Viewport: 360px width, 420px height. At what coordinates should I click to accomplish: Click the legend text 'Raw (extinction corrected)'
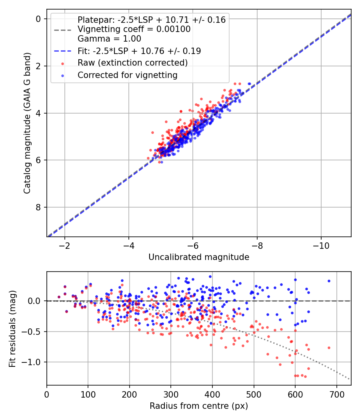point(132,63)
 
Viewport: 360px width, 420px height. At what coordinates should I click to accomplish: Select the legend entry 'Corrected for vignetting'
point(127,75)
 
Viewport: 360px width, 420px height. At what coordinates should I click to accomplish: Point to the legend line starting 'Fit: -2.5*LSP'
point(139,51)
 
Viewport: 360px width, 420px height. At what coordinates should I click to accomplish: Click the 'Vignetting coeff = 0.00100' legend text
point(134,29)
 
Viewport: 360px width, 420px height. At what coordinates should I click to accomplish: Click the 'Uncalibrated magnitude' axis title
point(199,257)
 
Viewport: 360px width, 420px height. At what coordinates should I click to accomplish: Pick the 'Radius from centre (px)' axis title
point(199,406)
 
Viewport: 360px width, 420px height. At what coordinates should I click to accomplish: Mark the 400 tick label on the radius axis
point(212,394)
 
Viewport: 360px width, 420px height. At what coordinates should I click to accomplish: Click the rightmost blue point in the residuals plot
point(329,281)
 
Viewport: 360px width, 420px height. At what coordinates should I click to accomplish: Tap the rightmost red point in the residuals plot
point(329,348)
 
